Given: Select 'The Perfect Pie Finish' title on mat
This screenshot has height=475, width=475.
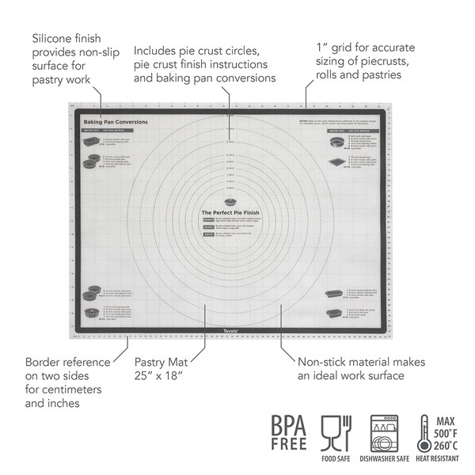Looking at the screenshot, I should pyautogui.click(x=230, y=213).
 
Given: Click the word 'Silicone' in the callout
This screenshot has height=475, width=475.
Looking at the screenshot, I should pyautogui.click(x=52, y=37).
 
